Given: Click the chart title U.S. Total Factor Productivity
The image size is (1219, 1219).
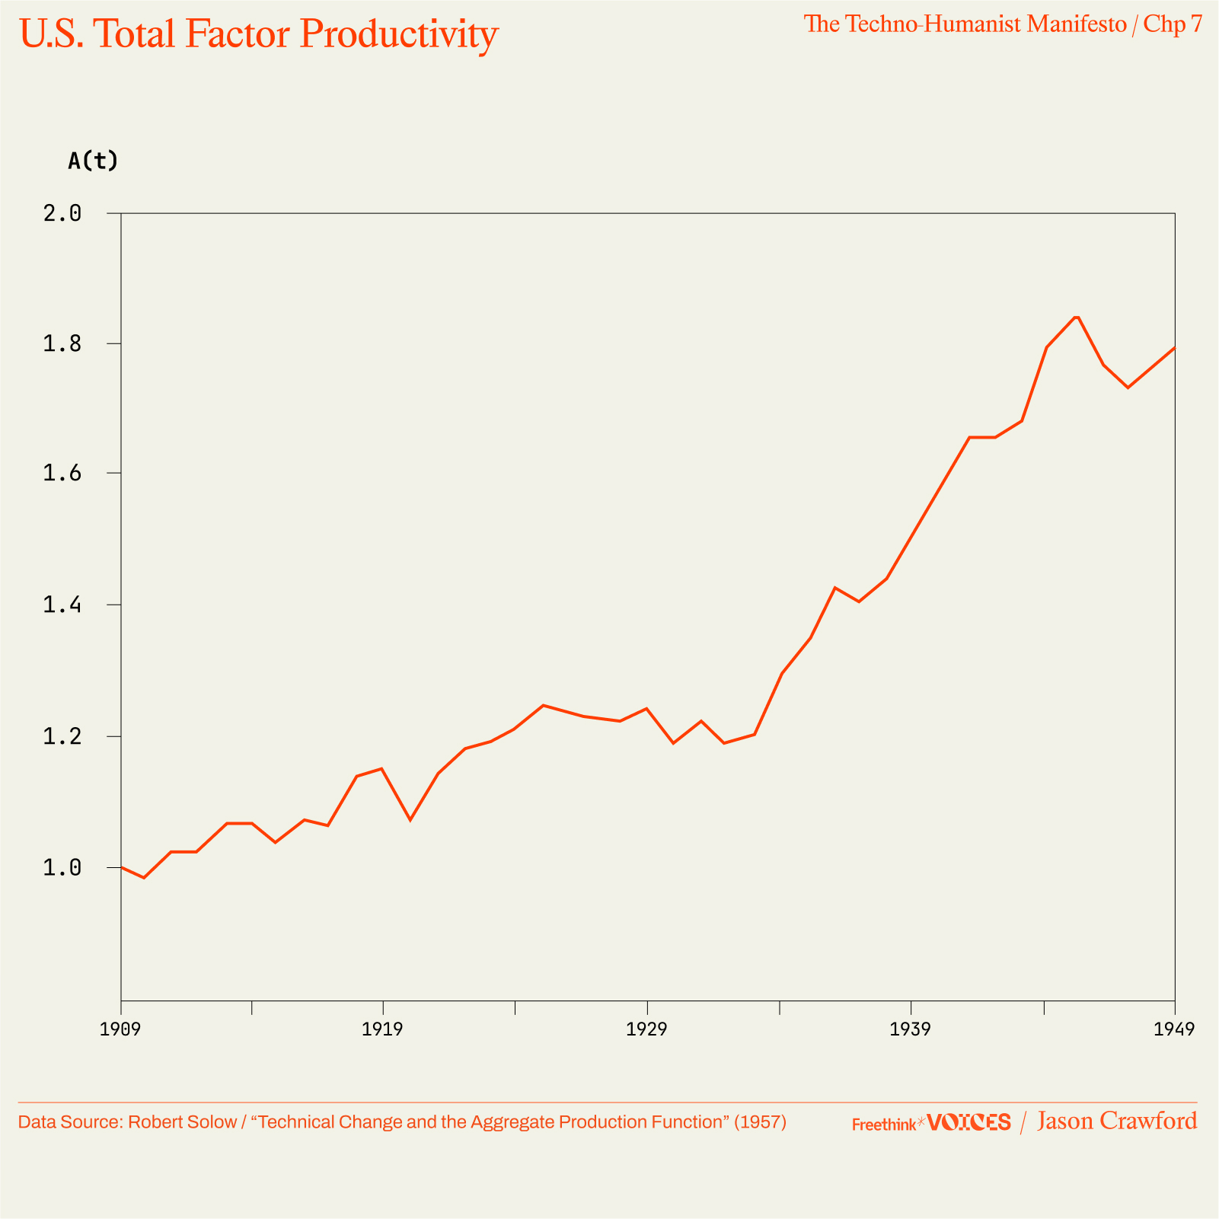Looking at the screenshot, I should pos(259,34).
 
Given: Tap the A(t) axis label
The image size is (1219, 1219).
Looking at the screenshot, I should pos(93,161).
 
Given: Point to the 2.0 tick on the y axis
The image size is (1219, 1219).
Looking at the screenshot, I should pos(62,213).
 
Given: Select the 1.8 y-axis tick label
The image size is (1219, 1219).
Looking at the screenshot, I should pos(62,344).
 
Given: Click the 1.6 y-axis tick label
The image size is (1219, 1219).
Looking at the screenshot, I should pos(62,474).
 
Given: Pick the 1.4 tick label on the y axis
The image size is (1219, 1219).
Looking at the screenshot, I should pos(62,605).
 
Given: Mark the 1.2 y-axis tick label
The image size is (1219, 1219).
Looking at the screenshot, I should pos(62,737).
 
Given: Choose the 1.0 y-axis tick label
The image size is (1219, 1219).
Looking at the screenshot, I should pos(62,868).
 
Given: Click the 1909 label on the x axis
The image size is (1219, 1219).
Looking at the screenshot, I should pos(121,1030).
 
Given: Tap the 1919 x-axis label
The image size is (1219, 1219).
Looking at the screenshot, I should pos(382,1030).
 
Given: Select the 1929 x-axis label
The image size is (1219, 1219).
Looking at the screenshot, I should pos(646,1030).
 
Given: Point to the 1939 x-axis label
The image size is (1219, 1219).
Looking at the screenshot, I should pos(911,1030).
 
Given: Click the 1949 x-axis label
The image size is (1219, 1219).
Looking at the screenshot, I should pos(1174,1030).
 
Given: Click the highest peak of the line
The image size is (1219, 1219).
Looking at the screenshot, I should pos(1077,317).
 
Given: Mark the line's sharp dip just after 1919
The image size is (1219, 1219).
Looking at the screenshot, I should pos(410,819).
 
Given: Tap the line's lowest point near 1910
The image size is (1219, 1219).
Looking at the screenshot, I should pos(144,878).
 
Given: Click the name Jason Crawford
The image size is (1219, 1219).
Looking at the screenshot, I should pos(1116,1122).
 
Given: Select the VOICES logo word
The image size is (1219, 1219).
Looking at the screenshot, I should pos(969,1122).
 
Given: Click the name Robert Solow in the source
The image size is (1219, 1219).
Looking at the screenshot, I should pos(182,1122).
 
